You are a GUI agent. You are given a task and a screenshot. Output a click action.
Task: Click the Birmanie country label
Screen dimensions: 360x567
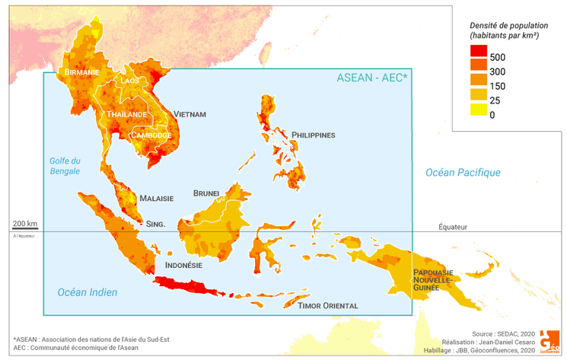[x=82, y=72]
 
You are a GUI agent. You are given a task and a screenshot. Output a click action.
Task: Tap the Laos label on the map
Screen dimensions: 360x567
[x=130, y=80]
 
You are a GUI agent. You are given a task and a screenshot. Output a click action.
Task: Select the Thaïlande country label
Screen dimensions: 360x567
[x=126, y=114]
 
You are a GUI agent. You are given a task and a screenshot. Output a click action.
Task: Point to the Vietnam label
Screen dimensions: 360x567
[x=190, y=114]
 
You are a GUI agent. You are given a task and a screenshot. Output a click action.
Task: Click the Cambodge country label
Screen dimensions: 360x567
[x=151, y=135]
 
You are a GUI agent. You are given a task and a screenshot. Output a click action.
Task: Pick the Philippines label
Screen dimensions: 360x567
[x=313, y=135]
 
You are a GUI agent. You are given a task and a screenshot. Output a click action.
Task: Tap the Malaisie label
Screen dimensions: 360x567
[x=156, y=198]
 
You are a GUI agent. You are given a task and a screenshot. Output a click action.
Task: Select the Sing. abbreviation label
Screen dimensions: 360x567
[x=155, y=224]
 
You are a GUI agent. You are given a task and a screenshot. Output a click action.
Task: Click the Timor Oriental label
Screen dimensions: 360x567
[x=329, y=305]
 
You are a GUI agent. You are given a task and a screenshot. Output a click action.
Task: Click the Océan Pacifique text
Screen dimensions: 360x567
[x=463, y=173]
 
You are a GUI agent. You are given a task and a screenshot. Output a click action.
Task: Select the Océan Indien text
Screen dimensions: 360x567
[x=88, y=292]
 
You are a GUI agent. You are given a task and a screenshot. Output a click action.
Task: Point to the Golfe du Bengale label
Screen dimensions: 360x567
[x=65, y=166]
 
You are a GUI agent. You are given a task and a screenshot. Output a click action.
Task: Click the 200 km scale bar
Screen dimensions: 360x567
[x=24, y=226]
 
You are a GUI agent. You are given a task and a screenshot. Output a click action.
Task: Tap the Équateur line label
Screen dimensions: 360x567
[x=454, y=227]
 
